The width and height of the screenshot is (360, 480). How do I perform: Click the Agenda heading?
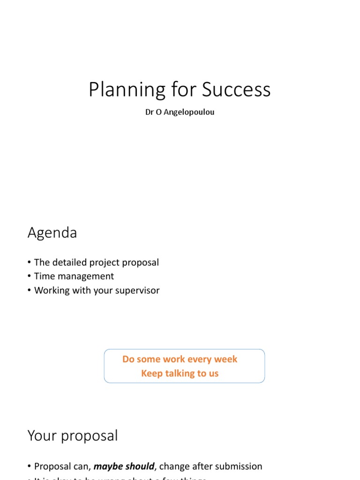click(52, 232)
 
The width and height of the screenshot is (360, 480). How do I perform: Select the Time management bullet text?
click(74, 277)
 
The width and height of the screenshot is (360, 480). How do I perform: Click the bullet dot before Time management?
click(30, 277)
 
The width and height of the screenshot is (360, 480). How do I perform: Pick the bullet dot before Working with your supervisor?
click(30, 291)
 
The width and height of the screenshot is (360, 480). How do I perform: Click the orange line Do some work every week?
click(180, 359)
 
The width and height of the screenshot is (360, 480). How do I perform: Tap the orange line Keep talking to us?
click(180, 374)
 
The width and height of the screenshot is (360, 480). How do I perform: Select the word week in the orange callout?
click(226, 359)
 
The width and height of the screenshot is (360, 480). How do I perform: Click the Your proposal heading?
click(73, 436)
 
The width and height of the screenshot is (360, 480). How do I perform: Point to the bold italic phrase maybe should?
click(124, 466)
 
